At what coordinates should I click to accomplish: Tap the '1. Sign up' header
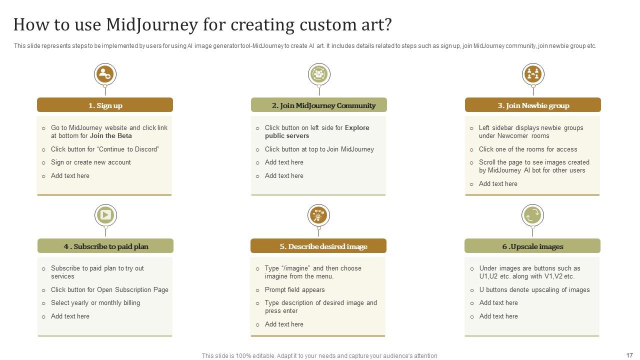click(105, 105)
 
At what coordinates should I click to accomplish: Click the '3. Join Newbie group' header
click(533, 105)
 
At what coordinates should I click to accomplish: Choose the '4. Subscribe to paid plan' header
click(105, 246)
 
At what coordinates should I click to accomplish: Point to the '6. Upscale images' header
click(532, 246)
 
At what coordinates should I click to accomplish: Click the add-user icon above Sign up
click(105, 74)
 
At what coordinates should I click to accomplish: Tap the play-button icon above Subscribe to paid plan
click(105, 215)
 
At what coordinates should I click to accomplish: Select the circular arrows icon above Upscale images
click(532, 215)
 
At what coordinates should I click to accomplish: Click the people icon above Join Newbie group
click(533, 74)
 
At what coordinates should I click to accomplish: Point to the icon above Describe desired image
click(318, 215)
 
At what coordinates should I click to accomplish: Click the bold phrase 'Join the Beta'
click(110, 136)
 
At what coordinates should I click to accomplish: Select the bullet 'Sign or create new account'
click(91, 162)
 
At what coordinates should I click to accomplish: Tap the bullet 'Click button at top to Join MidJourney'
click(319, 149)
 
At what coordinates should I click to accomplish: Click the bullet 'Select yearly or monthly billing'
click(95, 303)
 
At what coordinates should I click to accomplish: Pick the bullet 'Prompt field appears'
click(295, 290)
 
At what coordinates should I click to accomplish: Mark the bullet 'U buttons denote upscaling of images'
click(534, 290)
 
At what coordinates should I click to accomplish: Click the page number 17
click(629, 355)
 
